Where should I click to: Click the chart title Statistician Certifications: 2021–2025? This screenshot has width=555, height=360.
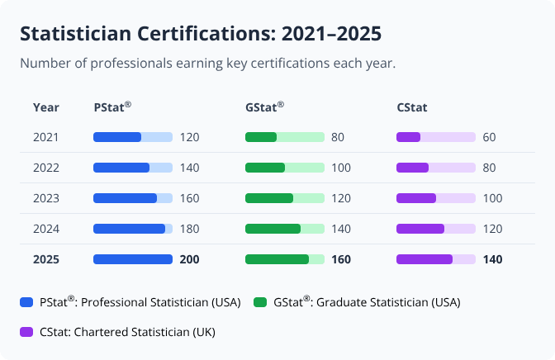pyautogui.click(x=200, y=34)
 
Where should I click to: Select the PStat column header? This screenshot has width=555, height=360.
pyautogui.click(x=112, y=107)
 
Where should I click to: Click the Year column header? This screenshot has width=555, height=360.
pyautogui.click(x=45, y=107)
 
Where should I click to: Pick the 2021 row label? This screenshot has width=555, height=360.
pyautogui.click(x=45, y=137)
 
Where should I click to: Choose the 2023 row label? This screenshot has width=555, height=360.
pyautogui.click(x=45, y=198)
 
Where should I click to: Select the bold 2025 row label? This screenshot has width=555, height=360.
pyautogui.click(x=45, y=259)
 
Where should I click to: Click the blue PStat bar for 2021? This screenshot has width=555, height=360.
pyautogui.click(x=117, y=137)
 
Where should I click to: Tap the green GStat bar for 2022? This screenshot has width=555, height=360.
pyautogui.click(x=265, y=168)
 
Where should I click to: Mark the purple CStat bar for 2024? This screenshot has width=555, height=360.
pyautogui.click(x=420, y=229)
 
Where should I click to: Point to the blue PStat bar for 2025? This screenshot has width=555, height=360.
pyautogui.click(x=133, y=259)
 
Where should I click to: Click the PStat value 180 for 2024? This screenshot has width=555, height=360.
pyautogui.click(x=189, y=229)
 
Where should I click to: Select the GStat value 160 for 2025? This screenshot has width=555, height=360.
pyautogui.click(x=341, y=259)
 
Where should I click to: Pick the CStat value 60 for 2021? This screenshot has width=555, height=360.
pyautogui.click(x=489, y=137)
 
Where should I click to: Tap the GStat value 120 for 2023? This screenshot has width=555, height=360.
pyautogui.click(x=341, y=198)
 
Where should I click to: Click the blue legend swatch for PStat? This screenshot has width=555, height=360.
pyautogui.click(x=26, y=303)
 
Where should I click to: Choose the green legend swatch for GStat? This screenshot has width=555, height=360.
pyautogui.click(x=260, y=303)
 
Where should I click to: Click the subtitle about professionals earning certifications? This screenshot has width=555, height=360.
pyautogui.click(x=207, y=64)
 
